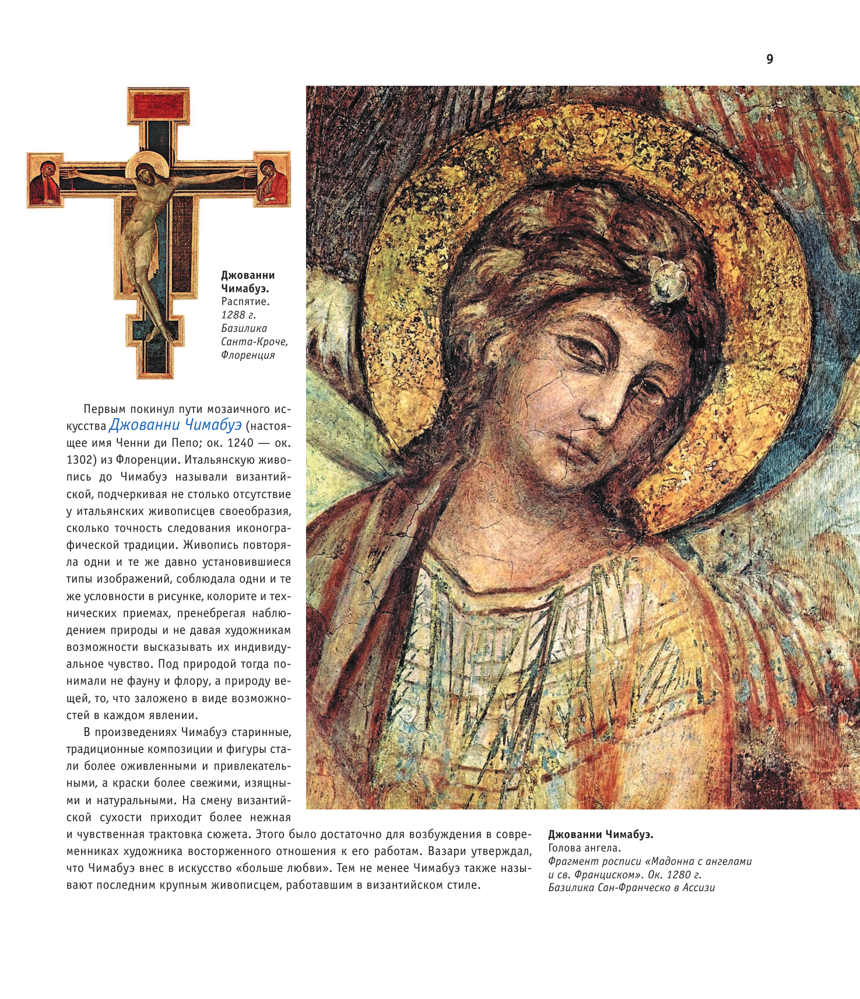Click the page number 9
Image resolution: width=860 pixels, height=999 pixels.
[770, 59]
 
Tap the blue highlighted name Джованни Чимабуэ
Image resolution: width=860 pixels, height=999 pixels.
[175, 425]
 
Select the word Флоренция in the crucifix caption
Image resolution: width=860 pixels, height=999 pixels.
[248, 355]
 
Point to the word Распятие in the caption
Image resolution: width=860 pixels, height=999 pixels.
[245, 302]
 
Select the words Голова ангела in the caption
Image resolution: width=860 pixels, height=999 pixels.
[584, 848]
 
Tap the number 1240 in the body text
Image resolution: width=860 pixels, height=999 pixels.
[240, 443]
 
